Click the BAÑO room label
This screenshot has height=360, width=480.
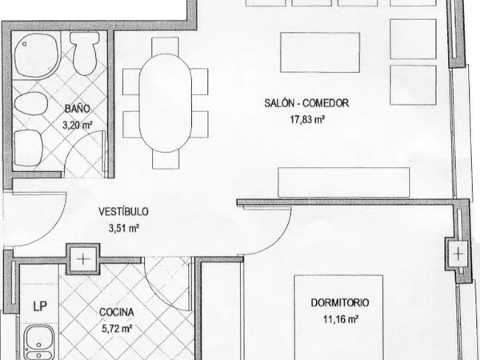click(78, 109)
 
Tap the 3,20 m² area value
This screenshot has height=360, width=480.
click(78, 125)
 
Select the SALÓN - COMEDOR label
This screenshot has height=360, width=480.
click(306, 103)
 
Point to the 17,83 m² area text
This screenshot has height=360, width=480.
click(307, 119)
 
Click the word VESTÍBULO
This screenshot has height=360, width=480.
click(123, 211)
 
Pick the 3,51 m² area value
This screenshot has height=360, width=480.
click(124, 228)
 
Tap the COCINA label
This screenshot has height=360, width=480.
click(117, 312)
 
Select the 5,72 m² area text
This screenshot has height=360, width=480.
click(117, 329)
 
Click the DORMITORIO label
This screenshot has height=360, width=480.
click(340, 302)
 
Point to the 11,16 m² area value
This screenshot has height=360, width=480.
click(341, 319)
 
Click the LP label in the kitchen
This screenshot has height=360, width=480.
click(40, 306)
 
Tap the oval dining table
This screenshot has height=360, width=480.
click(166, 103)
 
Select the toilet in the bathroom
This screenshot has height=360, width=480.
click(85, 54)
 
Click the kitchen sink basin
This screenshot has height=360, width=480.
click(39, 342)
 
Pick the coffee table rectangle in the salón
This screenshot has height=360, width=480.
click(320, 52)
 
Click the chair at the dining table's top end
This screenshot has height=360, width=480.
click(166, 46)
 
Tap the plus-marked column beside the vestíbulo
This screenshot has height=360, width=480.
click(83, 259)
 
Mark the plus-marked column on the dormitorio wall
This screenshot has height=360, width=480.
click(458, 254)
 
